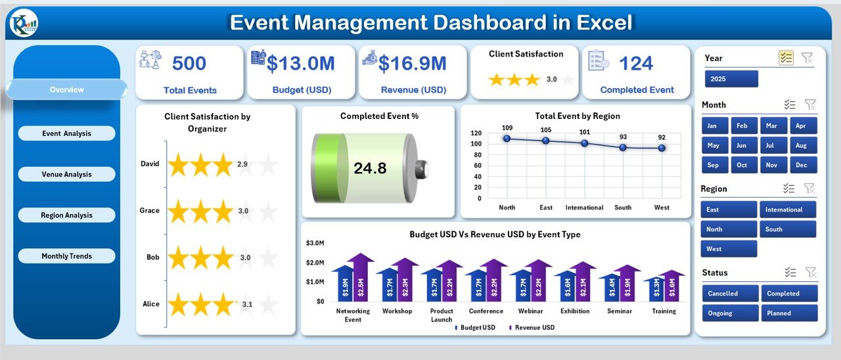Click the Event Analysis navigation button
coord(66,133)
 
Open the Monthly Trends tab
coord(66,256)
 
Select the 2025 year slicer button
coord(731,79)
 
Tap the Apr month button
coord(801,125)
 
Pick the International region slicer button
coord(788,210)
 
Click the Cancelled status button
coord(730,294)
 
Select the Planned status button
coord(789,313)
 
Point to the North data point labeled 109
coord(507,139)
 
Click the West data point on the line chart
coord(662,148)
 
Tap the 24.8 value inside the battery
coord(370,168)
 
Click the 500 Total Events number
coord(189,64)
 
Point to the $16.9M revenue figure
coord(413,64)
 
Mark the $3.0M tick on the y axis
coord(315,243)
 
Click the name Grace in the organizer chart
coord(149,211)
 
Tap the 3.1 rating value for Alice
coord(246,304)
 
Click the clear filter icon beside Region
coord(810,189)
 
